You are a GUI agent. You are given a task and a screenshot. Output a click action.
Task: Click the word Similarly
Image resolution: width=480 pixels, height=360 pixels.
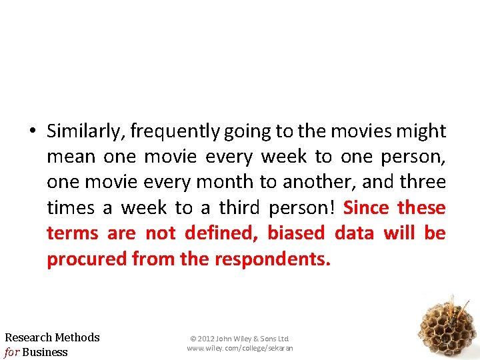click(85, 132)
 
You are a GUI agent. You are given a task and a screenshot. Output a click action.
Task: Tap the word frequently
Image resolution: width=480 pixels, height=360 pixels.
click(175, 132)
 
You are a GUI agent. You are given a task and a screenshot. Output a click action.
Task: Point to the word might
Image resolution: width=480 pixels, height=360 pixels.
click(421, 131)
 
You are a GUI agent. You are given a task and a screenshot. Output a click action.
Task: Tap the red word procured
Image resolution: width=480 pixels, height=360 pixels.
click(87, 259)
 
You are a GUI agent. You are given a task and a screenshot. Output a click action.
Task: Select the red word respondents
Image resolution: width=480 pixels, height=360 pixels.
click(273, 259)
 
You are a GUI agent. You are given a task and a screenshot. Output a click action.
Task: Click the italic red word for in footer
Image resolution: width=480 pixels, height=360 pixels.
click(12, 352)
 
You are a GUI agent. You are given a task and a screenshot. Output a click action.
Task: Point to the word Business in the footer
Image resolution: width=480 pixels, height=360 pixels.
click(45, 352)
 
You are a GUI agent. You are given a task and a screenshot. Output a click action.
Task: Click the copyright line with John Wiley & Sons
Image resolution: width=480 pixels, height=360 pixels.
click(239, 339)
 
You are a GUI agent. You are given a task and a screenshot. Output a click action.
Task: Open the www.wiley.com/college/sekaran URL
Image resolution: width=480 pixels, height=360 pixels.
click(239, 348)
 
